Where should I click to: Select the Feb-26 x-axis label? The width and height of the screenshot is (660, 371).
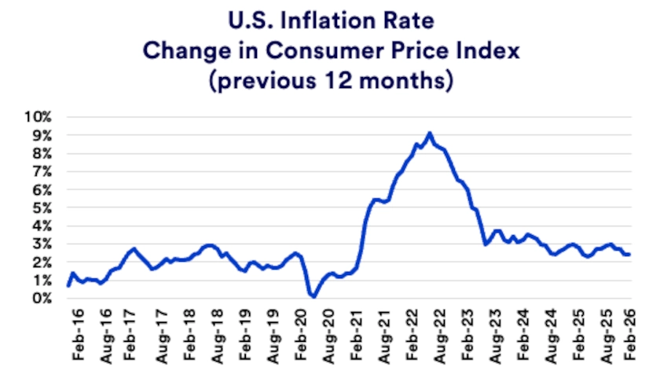click(x=631, y=336)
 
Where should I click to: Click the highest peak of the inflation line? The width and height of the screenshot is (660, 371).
click(x=429, y=133)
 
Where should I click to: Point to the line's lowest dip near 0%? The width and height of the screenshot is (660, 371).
click(x=313, y=296)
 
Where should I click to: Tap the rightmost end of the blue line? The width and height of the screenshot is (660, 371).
click(x=630, y=254)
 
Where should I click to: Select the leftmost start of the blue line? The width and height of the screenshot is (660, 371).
click(x=68, y=285)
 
